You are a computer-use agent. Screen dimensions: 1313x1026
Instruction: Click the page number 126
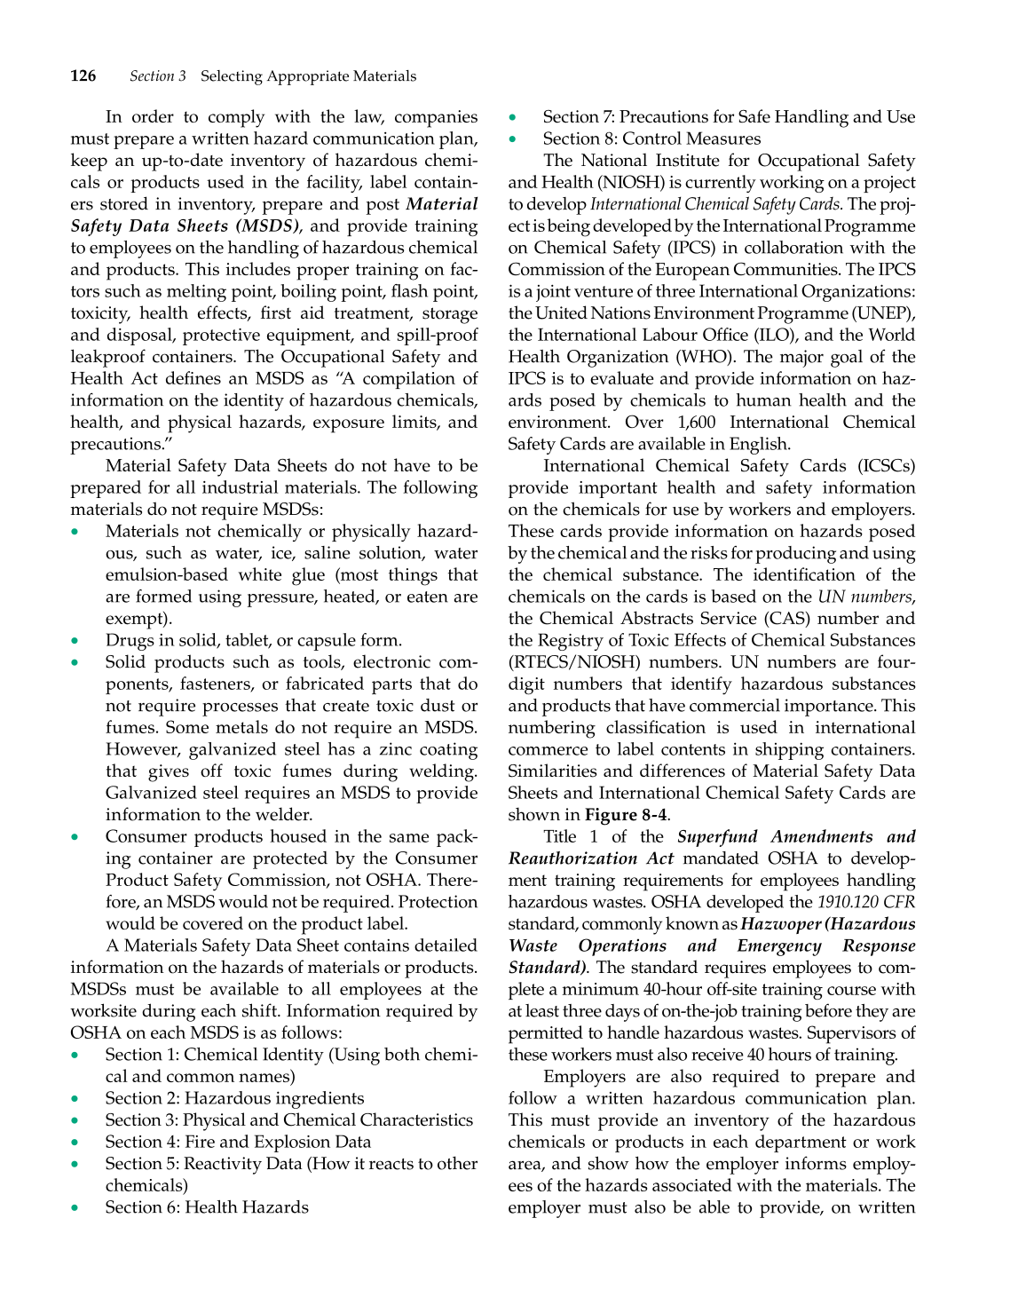click(83, 76)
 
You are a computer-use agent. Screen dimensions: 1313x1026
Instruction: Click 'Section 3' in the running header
click(158, 76)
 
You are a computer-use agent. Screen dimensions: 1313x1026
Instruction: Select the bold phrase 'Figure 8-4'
click(627, 815)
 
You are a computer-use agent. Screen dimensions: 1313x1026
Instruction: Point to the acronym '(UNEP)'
click(884, 313)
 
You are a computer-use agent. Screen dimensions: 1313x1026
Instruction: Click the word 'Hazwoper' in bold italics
click(782, 924)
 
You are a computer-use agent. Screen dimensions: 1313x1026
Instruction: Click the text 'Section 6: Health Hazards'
click(207, 1207)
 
